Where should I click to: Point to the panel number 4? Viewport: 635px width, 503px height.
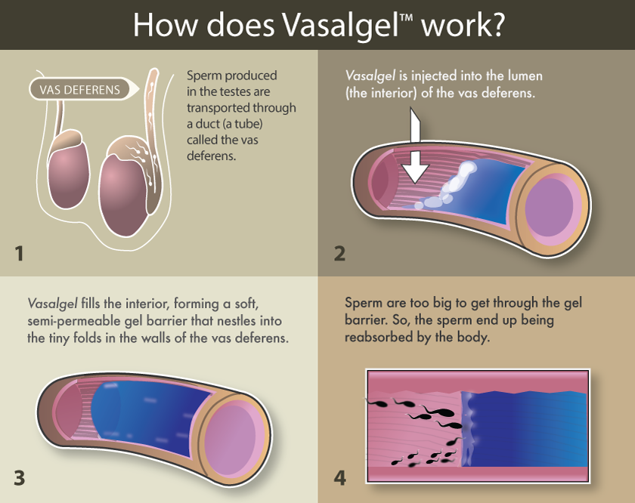(x=339, y=477)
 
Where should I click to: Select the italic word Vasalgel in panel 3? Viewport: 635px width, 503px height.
(x=51, y=304)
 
